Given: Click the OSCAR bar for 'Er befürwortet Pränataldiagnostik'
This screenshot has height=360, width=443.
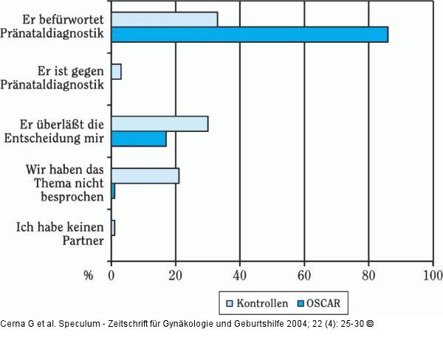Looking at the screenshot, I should (x=249, y=34).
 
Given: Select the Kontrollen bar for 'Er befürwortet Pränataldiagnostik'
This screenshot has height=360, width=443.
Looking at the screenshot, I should (x=164, y=19).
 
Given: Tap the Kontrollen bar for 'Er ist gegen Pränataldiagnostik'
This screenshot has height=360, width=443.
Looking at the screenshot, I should (x=116, y=72).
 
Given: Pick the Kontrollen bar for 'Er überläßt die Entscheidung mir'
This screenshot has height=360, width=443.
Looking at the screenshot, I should (x=159, y=123).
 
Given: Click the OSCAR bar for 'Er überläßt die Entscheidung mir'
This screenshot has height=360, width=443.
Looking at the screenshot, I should (x=139, y=138).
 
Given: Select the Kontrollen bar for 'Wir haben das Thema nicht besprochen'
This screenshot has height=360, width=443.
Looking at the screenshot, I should (x=145, y=176).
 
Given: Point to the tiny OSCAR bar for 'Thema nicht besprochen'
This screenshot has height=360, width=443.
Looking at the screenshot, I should (x=113, y=190).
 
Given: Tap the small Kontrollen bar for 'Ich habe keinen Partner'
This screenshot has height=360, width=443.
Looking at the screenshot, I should (x=113, y=227).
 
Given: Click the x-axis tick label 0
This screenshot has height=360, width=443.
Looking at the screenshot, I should (x=111, y=276).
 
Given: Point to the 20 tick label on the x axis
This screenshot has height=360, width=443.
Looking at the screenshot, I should (x=175, y=276).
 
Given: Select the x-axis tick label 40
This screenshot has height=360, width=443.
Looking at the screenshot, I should (x=239, y=276).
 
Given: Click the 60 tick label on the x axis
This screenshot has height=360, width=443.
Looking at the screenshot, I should (x=303, y=276).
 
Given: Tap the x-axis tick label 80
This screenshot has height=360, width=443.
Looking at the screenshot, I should (x=368, y=276).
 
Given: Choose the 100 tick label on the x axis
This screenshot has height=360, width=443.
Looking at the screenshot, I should (x=431, y=276).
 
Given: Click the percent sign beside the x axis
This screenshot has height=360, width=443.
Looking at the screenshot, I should (x=88, y=276).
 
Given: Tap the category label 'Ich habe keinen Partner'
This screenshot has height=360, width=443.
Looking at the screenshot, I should (x=61, y=234).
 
